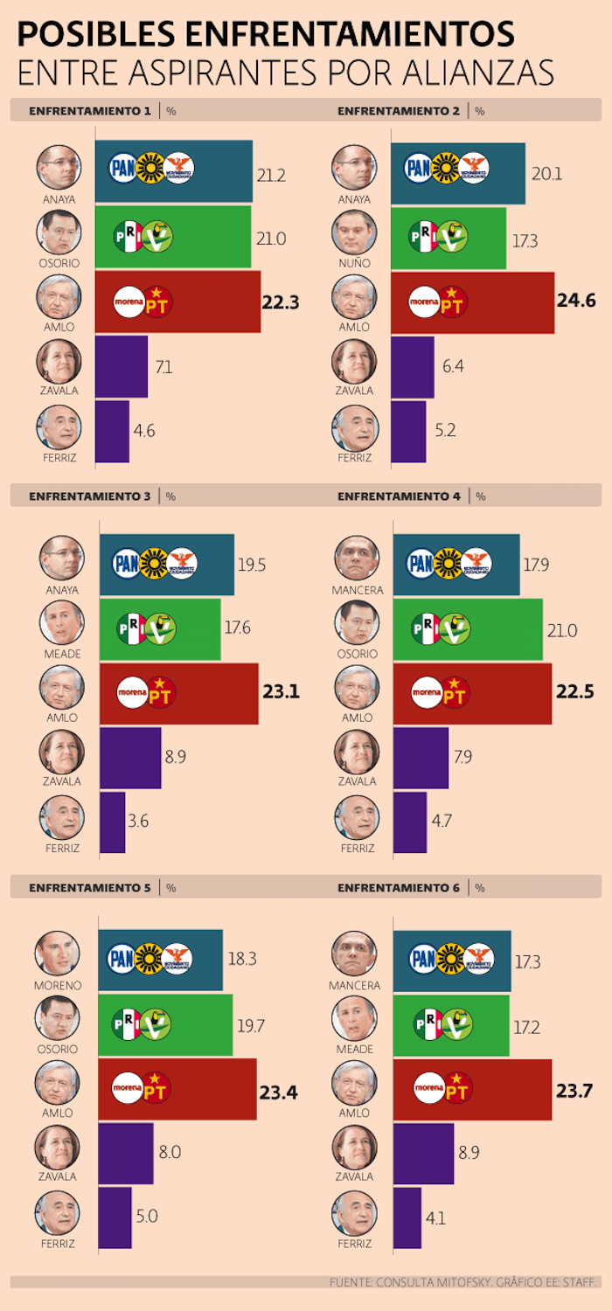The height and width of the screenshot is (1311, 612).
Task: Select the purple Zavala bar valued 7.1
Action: click(x=121, y=366)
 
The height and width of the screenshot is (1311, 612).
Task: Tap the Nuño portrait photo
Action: click(x=354, y=232)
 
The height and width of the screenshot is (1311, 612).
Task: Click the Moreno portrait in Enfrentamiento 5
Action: click(x=58, y=954)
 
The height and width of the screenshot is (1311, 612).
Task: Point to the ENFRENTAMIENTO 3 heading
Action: click(x=89, y=496)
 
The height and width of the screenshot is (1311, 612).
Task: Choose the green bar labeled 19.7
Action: click(x=165, y=1024)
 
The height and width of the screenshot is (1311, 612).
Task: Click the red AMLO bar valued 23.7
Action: click(x=472, y=1089)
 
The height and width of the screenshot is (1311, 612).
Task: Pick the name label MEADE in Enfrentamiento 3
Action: click(x=61, y=655)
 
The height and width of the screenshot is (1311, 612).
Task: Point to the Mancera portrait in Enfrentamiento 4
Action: click(x=357, y=558)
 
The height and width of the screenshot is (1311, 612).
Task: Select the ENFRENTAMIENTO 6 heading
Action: click(x=398, y=887)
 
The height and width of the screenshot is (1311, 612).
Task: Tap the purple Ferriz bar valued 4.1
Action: click(x=407, y=1217)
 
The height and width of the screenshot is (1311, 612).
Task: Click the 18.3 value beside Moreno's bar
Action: click(x=241, y=959)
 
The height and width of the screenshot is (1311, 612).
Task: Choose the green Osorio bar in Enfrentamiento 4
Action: click(x=467, y=628)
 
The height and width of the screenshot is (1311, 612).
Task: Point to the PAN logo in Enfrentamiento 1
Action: click(x=122, y=168)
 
